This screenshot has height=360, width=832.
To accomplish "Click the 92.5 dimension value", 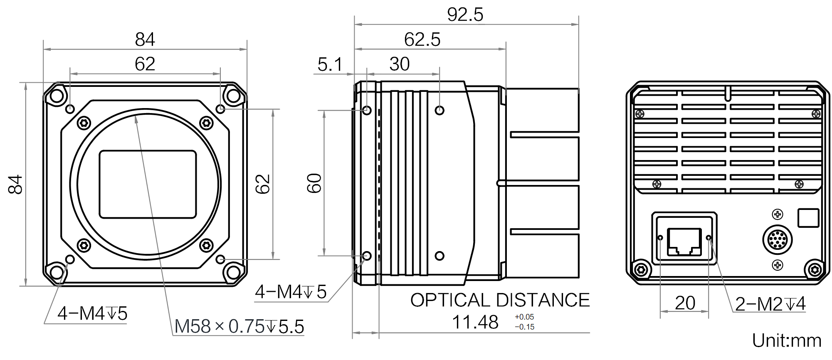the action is click(x=465, y=15).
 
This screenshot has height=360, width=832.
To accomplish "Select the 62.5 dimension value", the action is click(x=422, y=40).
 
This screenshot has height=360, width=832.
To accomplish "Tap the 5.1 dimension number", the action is click(x=330, y=64).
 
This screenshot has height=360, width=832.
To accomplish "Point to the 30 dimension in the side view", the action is click(x=400, y=64).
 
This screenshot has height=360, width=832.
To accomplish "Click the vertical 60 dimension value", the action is click(x=314, y=183).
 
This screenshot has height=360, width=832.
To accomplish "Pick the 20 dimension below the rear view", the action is click(x=685, y=303).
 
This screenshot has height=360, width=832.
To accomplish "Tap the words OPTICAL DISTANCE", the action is click(x=500, y=300).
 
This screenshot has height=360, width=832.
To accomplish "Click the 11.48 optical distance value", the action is click(x=475, y=322).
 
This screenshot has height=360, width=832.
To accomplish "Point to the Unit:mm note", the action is click(x=787, y=341).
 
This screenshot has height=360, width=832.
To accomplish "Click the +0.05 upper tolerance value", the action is click(x=524, y=317).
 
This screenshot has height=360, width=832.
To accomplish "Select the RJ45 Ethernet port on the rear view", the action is click(x=684, y=242).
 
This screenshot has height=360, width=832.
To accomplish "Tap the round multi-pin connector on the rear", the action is click(x=777, y=240).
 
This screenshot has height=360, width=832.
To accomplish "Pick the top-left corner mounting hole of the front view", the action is click(x=56, y=96).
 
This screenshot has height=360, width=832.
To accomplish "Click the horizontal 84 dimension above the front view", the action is click(x=145, y=40).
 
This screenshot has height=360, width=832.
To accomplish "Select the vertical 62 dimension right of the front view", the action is click(x=262, y=184).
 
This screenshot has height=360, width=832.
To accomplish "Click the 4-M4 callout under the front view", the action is click(x=92, y=313).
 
